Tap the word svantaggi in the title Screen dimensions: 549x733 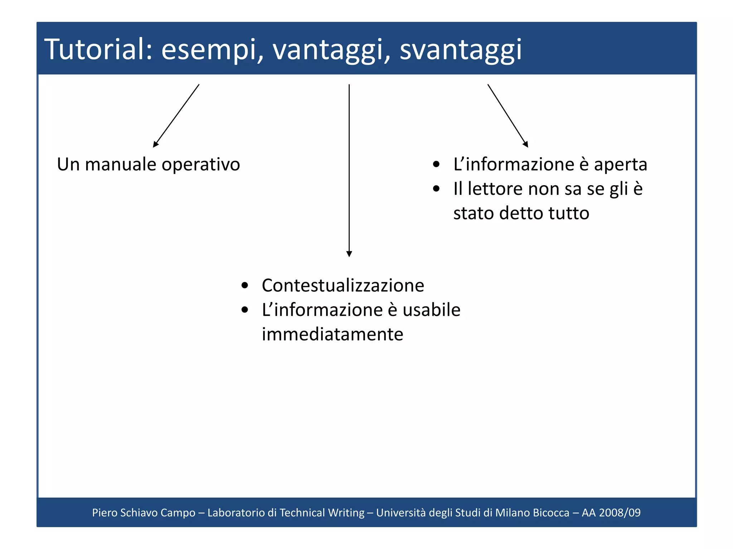tap(461, 50)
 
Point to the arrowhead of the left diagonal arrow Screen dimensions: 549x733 tap(155, 144)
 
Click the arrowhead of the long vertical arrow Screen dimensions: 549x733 tap(349, 254)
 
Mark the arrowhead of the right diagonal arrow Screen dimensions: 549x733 tap(526, 144)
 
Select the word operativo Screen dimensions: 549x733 tap(201, 165)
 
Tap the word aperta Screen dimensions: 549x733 tap(620, 165)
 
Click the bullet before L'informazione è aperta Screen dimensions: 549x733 tap(436, 165)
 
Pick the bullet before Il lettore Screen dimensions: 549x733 tap(436, 189)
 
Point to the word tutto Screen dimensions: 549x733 tap(569, 213)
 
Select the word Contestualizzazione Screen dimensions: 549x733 tap(343, 286)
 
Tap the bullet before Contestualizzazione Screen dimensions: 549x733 tap(245, 286)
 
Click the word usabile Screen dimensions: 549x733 tap(431, 310)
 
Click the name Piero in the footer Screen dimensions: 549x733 tap(105, 513)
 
